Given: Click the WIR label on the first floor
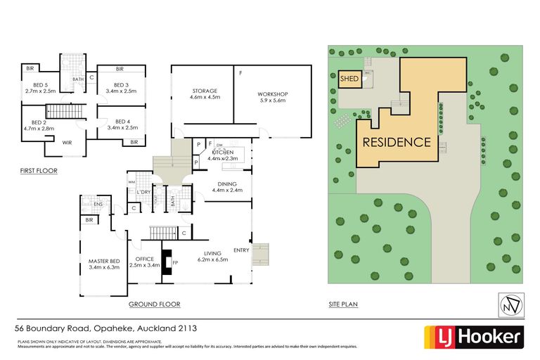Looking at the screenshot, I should pos(68,143).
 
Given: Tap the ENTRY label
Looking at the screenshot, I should pos(241,250).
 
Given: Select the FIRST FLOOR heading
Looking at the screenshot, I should pos(39,171).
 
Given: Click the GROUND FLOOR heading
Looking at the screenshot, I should pos(154,304).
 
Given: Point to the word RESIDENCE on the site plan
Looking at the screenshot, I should pos(397,142).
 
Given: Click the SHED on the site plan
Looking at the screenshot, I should pos(349,79).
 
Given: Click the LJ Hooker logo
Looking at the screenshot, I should pos(472,337).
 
